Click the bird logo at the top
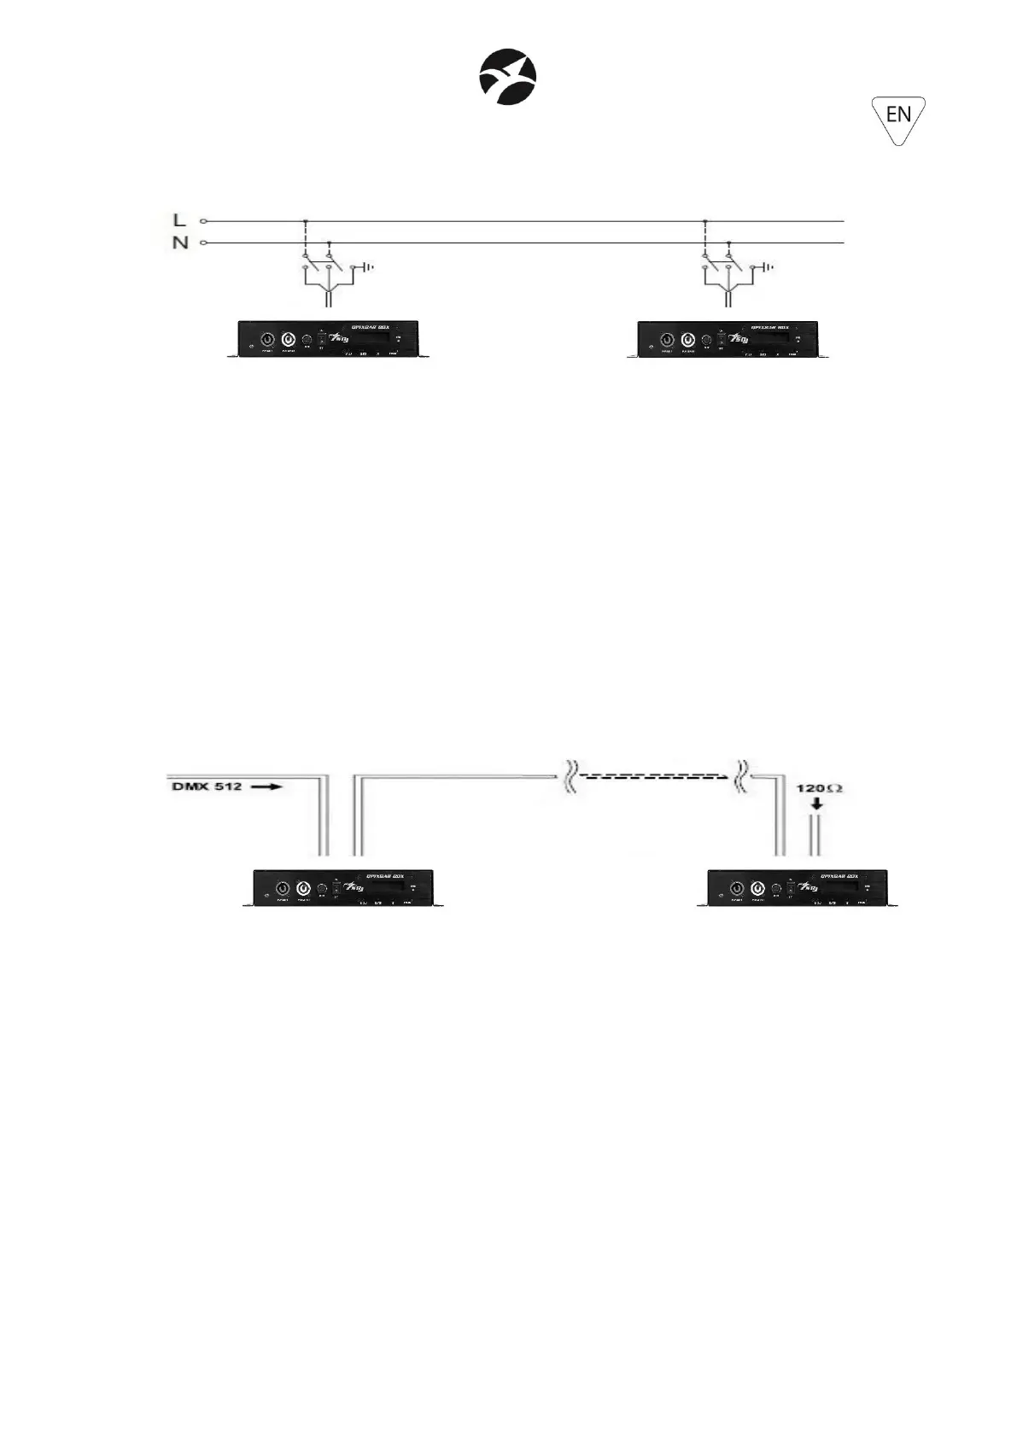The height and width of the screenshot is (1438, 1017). (x=507, y=75)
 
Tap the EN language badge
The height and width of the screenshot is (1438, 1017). (x=898, y=115)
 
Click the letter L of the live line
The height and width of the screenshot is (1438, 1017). (x=179, y=220)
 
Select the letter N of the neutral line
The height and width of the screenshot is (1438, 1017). (x=179, y=243)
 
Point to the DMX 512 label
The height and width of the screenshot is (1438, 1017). (x=208, y=786)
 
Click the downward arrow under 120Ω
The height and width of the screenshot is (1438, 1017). (x=817, y=804)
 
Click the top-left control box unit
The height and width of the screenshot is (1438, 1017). (x=328, y=339)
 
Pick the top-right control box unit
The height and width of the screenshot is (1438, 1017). (x=728, y=339)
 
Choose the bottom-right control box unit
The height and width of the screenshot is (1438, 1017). (x=798, y=888)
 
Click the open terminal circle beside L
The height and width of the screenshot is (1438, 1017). (x=203, y=221)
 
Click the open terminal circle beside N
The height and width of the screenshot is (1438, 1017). (x=203, y=243)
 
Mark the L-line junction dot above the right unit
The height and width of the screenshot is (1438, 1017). (x=704, y=221)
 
